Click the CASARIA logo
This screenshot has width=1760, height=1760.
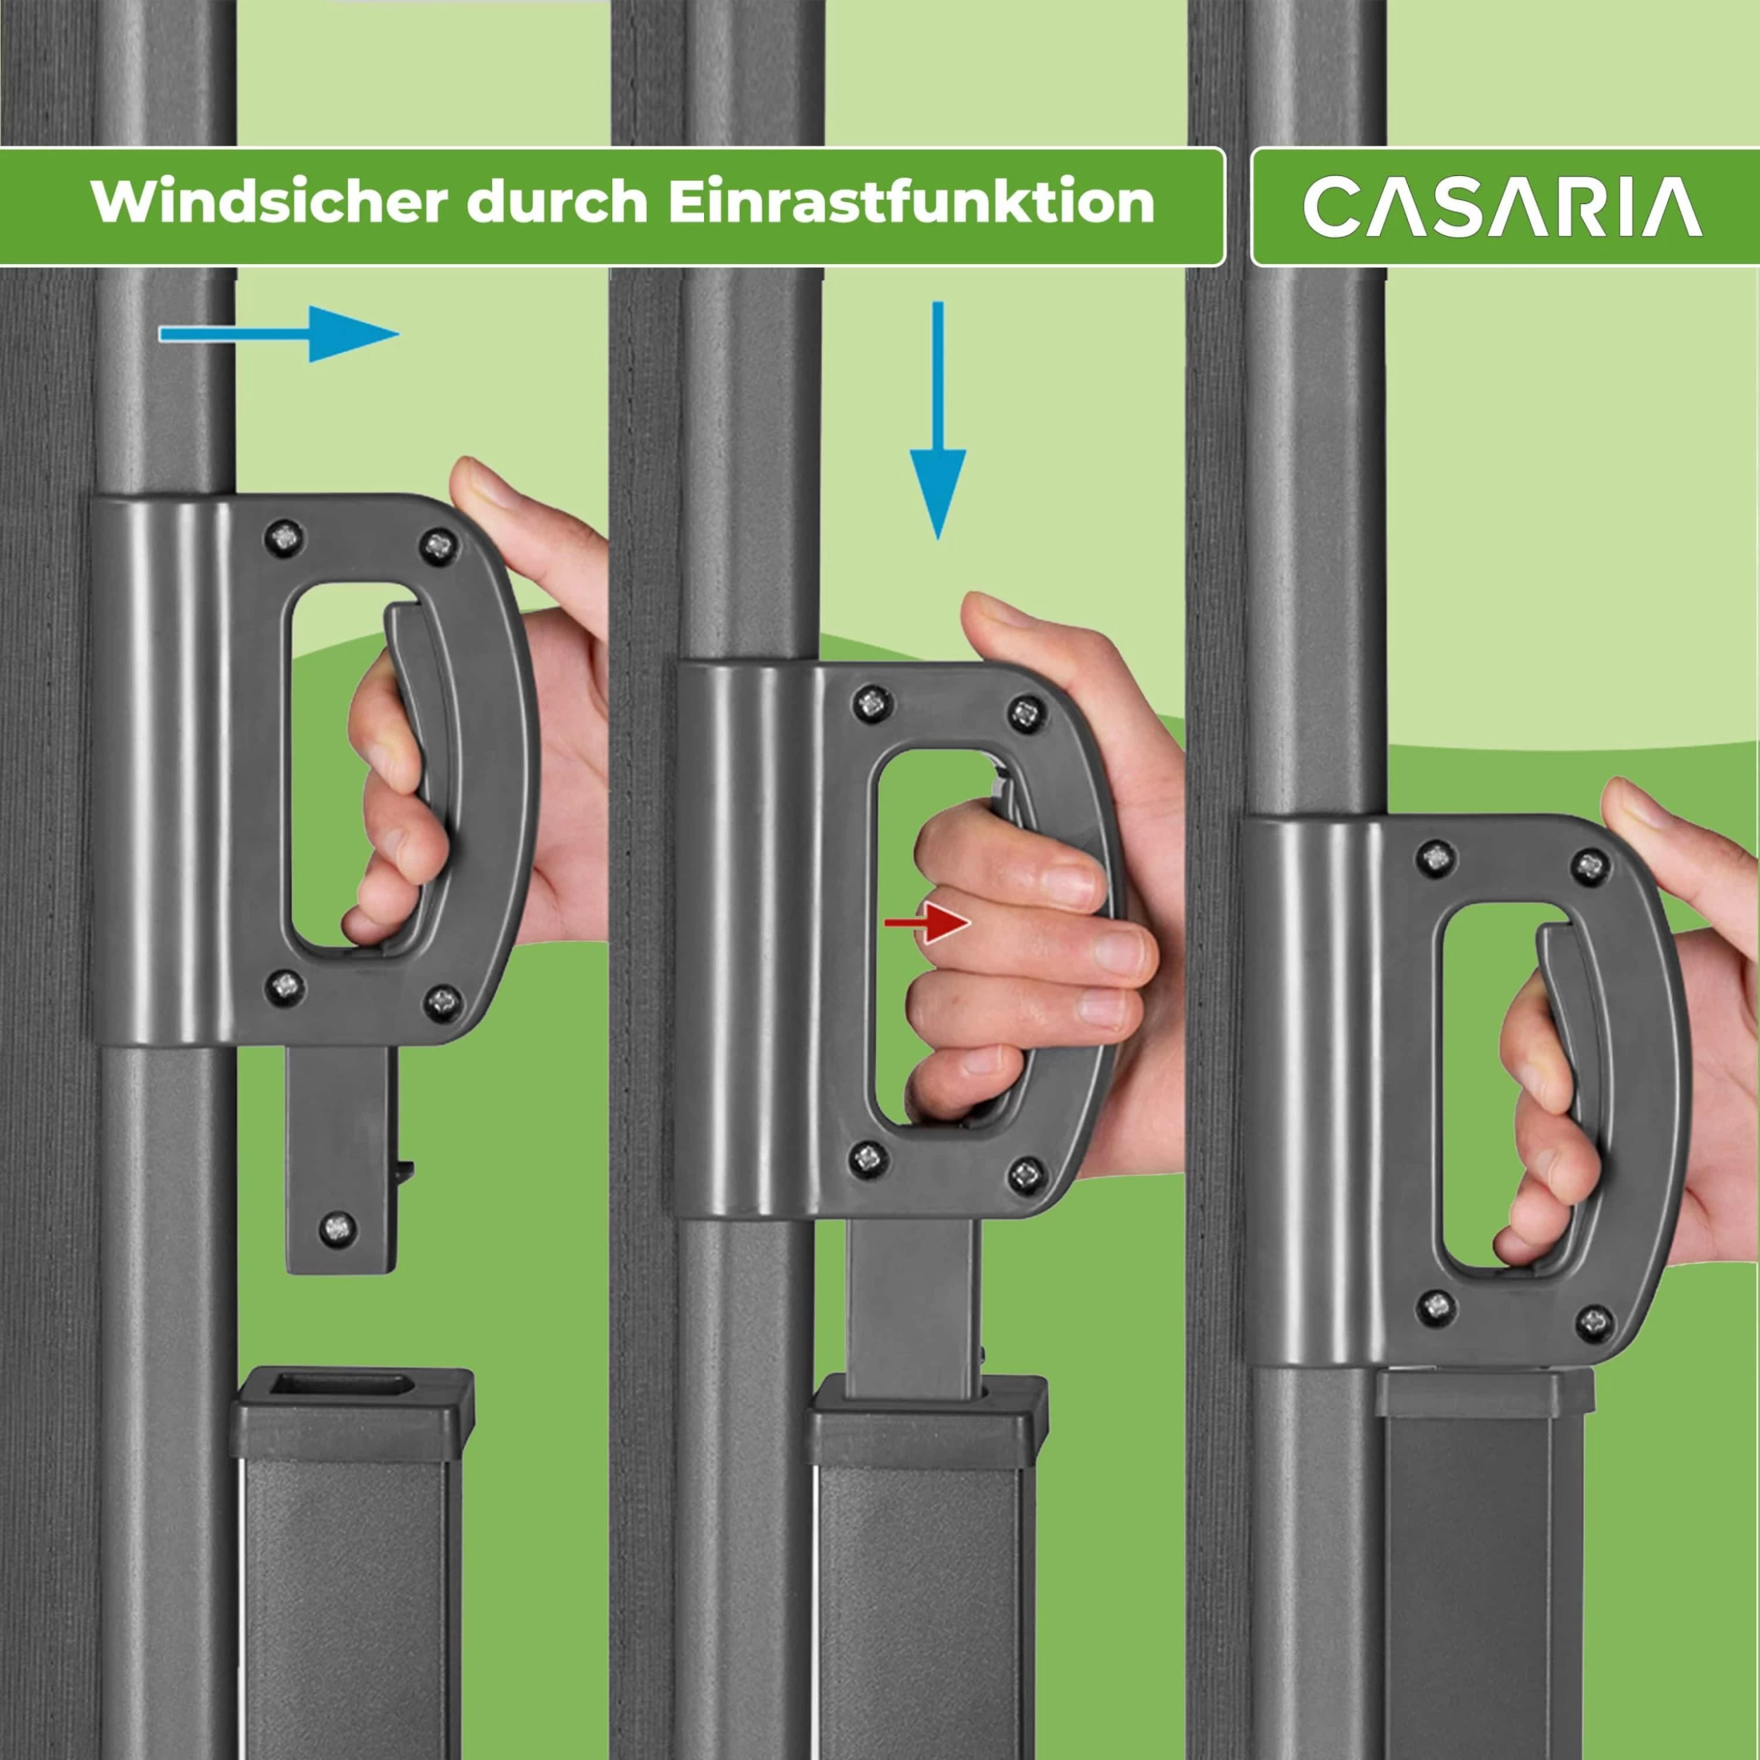[1502, 208]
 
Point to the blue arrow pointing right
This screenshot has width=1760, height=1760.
[279, 334]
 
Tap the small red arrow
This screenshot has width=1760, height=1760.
[926, 923]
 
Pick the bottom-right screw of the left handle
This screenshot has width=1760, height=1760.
[442, 1000]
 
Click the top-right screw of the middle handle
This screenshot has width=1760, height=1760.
[1026, 710]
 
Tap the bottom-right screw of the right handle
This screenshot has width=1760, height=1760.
[1592, 1318]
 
